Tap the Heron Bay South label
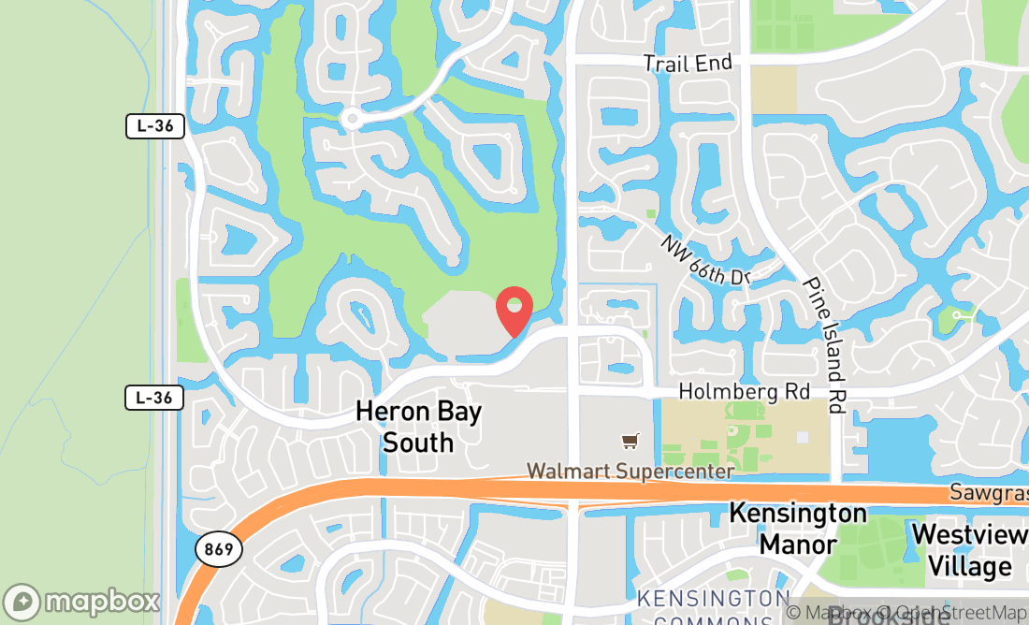tap(418, 427)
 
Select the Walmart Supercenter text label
tap(630, 471)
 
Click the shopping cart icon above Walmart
tap(630, 440)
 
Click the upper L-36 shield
tap(154, 126)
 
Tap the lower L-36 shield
tap(154, 398)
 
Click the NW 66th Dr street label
tap(706, 259)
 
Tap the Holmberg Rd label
tap(744, 391)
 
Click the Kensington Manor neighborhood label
tap(797, 529)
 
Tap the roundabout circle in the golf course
tap(352, 118)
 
